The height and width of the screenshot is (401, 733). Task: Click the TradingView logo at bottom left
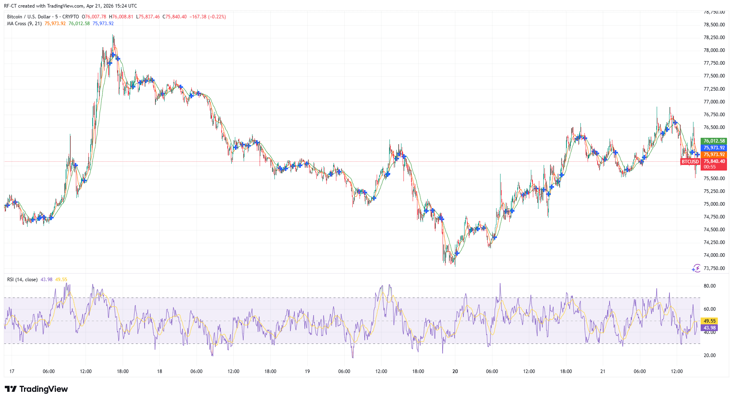36,389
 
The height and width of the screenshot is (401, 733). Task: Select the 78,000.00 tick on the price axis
714,50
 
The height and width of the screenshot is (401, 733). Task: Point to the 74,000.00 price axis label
714,255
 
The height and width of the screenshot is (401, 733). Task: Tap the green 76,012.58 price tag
714,141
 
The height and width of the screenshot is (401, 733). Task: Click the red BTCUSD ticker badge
690,162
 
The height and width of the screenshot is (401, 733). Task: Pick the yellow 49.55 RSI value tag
709,321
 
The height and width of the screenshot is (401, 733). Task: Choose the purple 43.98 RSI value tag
709,328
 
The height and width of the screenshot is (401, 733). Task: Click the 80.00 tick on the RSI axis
709,286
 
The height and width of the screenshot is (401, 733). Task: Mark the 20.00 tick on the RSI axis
709,355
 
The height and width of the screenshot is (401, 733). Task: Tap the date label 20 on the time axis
455,371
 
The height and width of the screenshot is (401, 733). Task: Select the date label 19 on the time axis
307,371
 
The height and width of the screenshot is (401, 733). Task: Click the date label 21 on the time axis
603,371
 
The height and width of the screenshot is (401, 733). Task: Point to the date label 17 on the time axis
12,371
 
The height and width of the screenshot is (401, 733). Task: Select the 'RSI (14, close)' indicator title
22,280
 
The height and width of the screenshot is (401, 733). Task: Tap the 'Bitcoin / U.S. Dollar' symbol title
29,17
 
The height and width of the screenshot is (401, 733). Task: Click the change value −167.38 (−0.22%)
207,17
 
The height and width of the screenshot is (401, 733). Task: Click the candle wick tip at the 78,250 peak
113,35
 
